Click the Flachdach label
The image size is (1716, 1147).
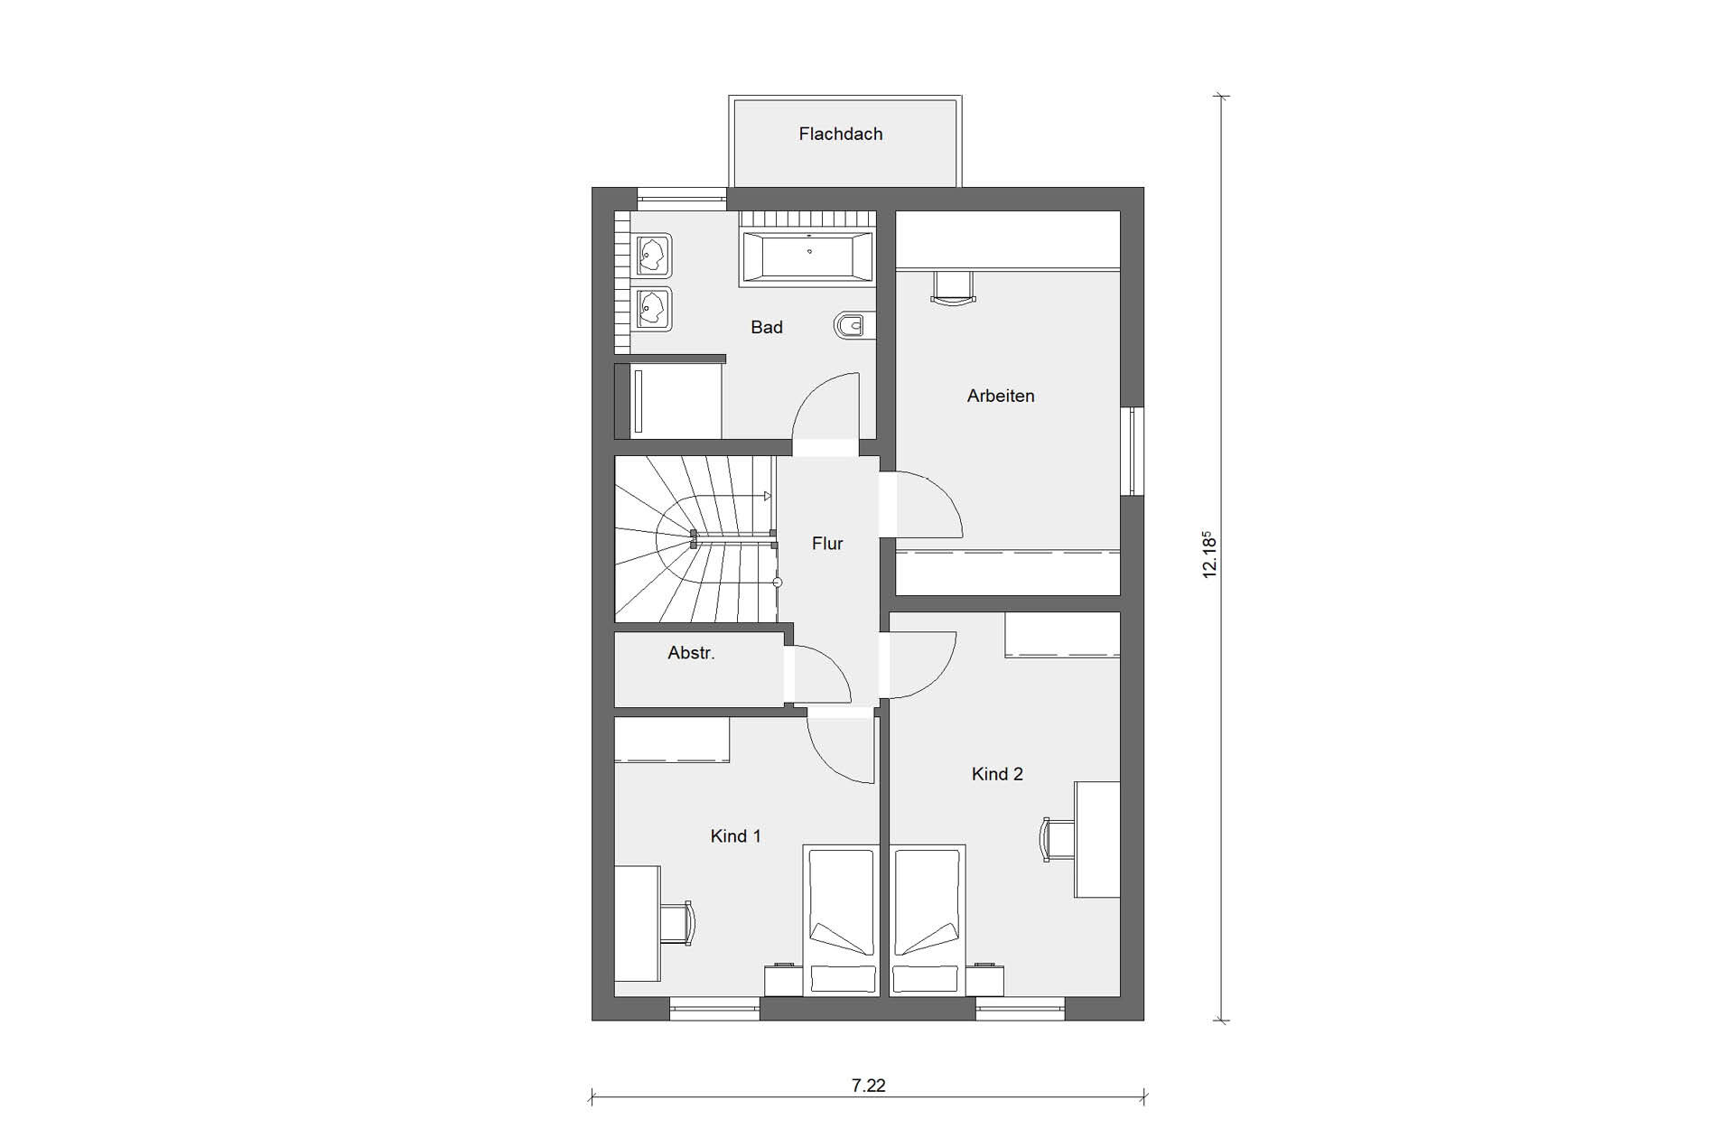840,134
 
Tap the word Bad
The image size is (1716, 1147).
767,327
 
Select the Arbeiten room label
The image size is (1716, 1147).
1001,396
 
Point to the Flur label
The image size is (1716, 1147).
827,543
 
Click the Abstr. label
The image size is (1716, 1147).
691,652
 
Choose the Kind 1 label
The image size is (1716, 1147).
735,836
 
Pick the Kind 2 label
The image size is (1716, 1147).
997,774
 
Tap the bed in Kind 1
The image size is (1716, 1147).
841,920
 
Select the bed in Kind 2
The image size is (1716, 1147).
928,920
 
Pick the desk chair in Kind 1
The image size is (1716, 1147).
676,923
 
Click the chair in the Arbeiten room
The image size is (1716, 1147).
954,287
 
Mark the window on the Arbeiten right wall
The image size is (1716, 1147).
1133,451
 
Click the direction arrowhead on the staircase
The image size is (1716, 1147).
767,496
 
